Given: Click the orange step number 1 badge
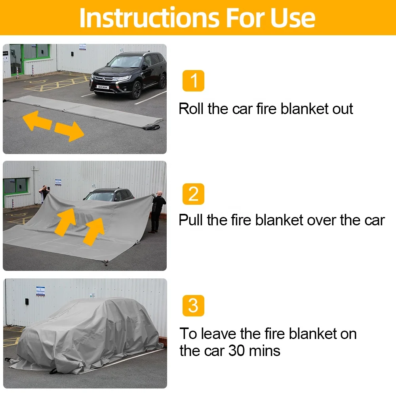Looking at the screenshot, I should point(193,80).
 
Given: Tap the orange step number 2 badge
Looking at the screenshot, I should point(193,194).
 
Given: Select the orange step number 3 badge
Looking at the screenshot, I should point(193,306).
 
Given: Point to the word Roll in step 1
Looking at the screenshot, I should point(192,109).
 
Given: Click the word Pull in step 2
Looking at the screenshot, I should point(191,220).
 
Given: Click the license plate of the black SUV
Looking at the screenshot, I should point(102,87).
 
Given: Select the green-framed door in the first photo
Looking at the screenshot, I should point(16,59).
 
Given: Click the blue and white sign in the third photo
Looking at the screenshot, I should point(40,291).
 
